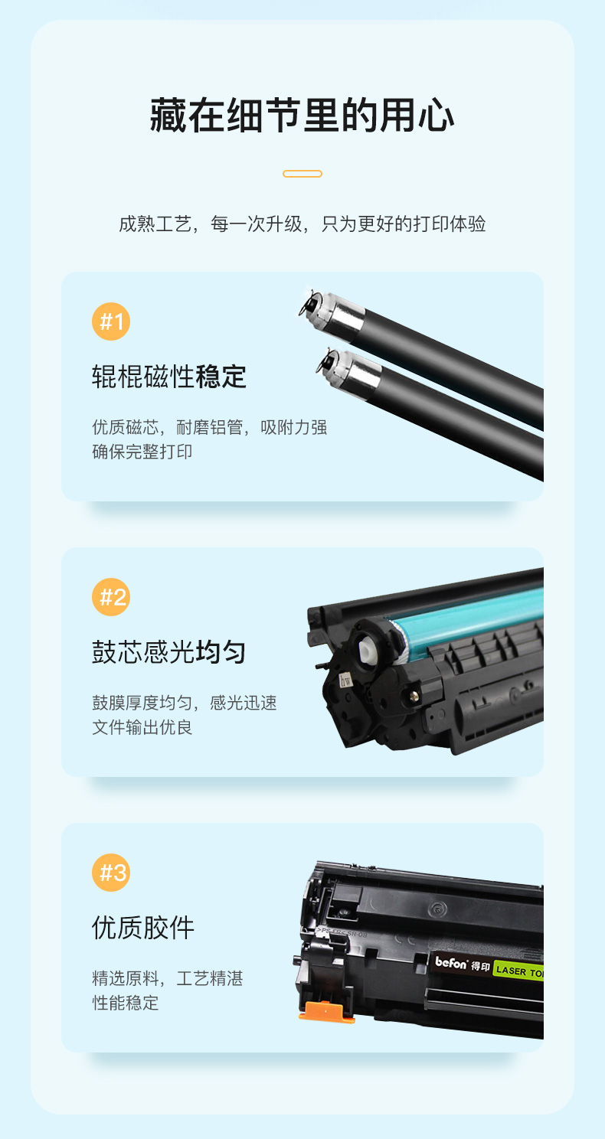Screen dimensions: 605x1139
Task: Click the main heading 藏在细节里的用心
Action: (302, 116)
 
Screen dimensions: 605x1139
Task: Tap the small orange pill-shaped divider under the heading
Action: (302, 174)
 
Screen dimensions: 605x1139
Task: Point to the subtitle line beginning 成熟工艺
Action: (302, 224)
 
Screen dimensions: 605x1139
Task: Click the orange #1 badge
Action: (111, 321)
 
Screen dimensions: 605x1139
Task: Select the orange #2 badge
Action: (111, 597)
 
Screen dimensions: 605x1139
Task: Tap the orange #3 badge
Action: (111, 873)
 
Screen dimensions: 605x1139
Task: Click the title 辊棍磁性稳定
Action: (169, 377)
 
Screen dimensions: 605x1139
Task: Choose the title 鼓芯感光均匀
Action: (169, 652)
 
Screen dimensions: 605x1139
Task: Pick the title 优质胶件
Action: (143, 928)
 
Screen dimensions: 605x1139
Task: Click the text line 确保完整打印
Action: (142, 452)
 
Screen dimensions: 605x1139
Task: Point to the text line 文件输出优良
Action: (142, 727)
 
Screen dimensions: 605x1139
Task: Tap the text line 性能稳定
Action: (126, 1003)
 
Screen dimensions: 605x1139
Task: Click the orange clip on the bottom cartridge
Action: (327, 1011)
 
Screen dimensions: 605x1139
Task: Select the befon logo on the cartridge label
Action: (451, 962)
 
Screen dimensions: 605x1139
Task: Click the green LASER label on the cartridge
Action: (518, 971)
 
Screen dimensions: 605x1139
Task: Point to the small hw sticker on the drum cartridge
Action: (345, 680)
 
